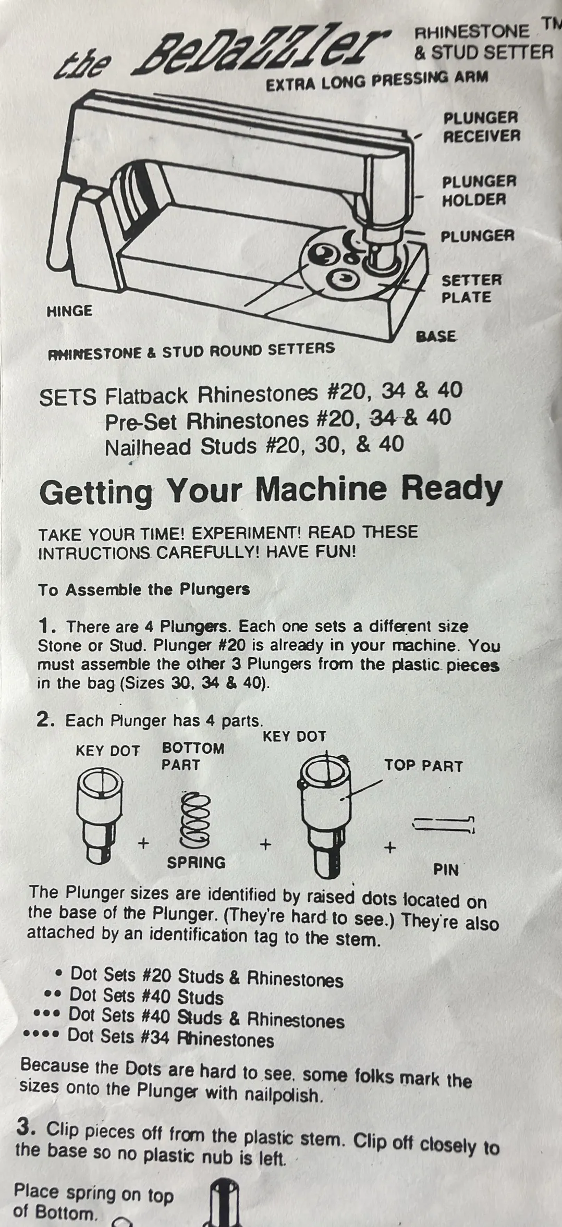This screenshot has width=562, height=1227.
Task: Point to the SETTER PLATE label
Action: click(x=471, y=288)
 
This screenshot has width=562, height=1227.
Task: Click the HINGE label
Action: click(x=69, y=311)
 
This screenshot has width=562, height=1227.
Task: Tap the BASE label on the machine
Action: click(x=436, y=336)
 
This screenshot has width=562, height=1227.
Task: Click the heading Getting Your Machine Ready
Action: click(x=271, y=490)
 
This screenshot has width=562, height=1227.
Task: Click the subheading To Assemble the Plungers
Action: click(x=144, y=590)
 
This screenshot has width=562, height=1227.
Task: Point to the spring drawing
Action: click(x=194, y=820)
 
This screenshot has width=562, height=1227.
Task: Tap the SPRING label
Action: click(x=196, y=863)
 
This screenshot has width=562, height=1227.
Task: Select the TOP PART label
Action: click(x=423, y=766)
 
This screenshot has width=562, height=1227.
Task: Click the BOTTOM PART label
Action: click(x=193, y=756)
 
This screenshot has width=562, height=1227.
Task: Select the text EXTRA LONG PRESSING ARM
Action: click(x=377, y=81)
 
